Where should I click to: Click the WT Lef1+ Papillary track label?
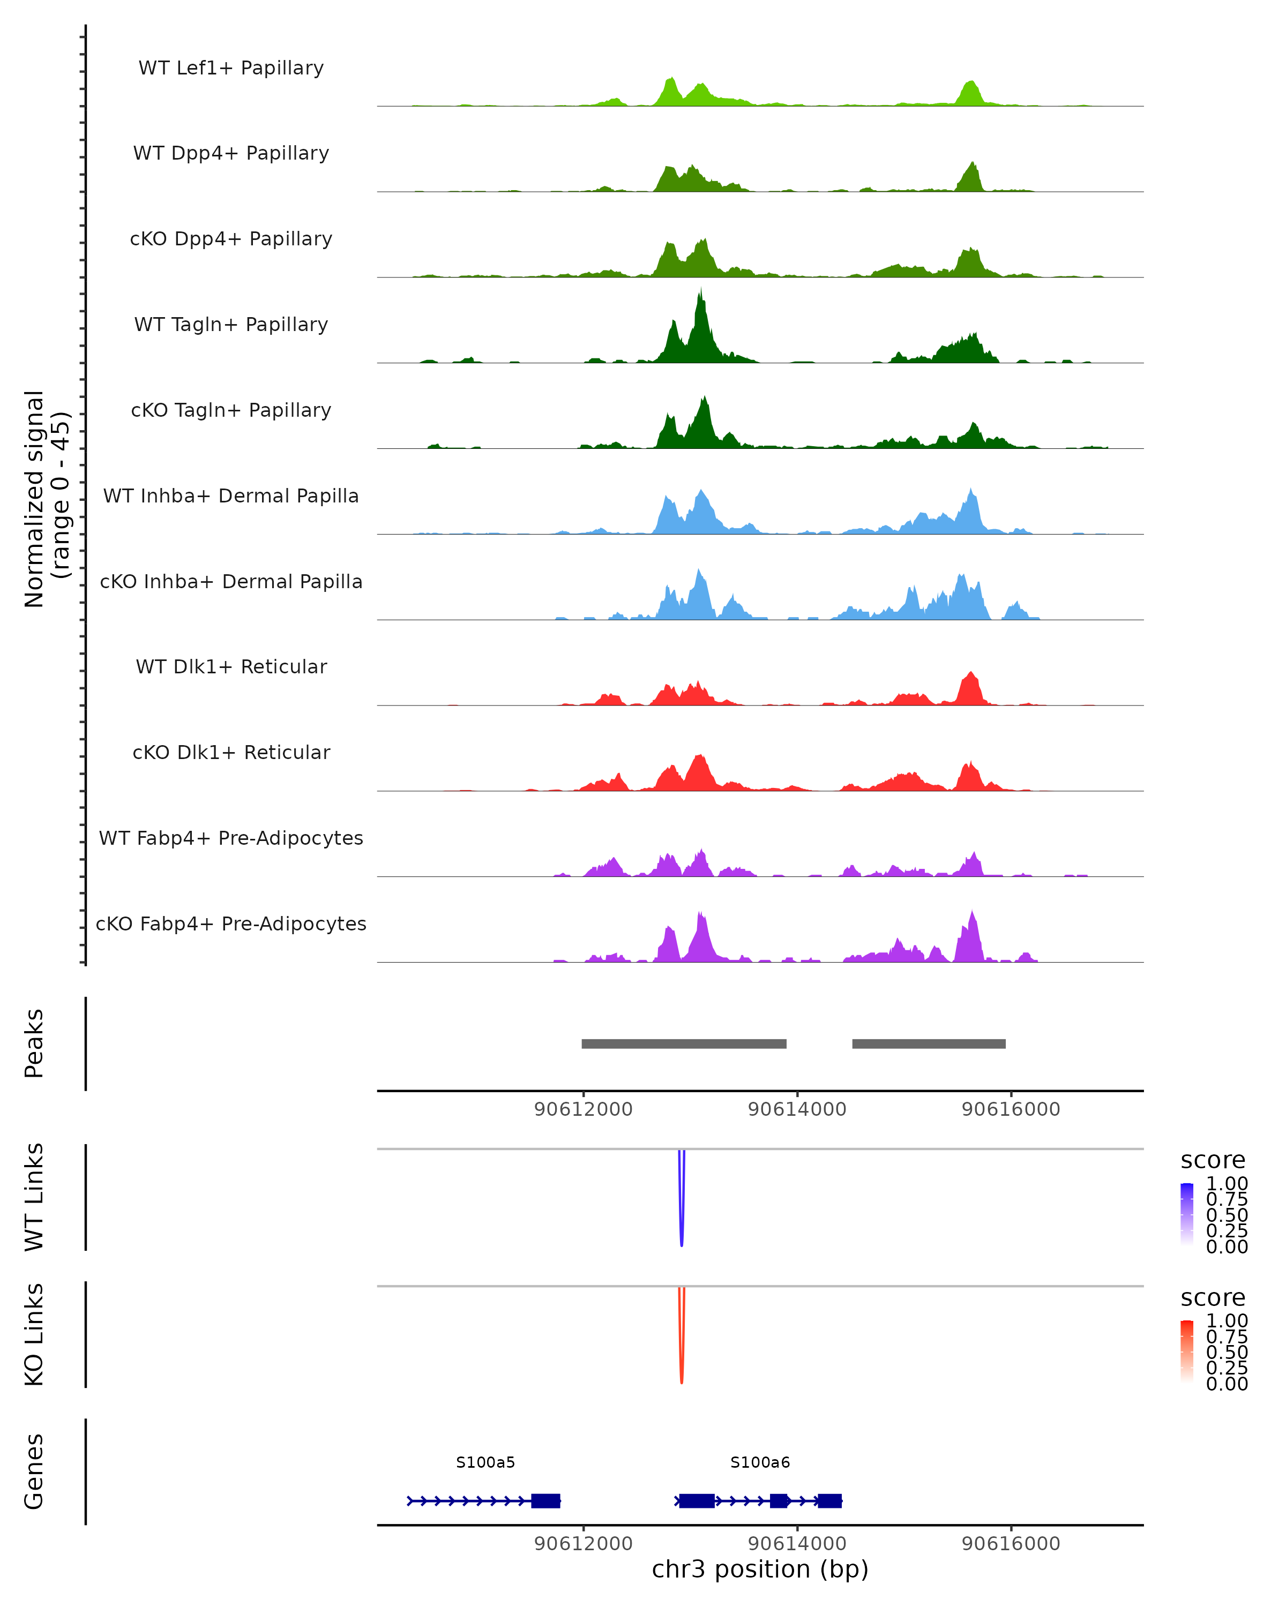tap(231, 68)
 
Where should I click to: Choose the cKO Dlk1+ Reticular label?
tap(231, 752)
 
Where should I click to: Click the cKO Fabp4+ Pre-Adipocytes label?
tap(231, 923)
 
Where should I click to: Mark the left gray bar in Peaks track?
tap(684, 1043)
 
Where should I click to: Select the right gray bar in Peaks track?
tap(929, 1043)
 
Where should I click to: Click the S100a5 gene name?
tap(485, 1462)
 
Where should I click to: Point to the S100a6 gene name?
tap(760, 1462)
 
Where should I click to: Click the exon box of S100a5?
tap(545, 1500)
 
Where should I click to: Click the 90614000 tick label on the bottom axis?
tap(797, 1544)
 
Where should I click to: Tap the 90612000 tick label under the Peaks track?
tap(583, 1109)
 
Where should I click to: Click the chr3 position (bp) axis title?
tap(760, 1569)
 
